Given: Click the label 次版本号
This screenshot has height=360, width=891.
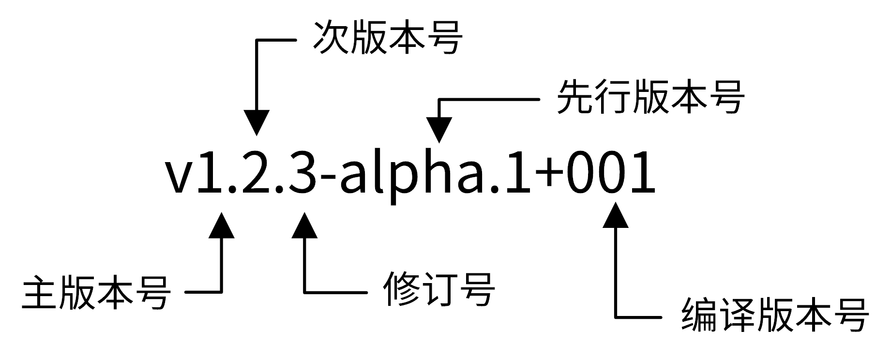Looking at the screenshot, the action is (x=388, y=38).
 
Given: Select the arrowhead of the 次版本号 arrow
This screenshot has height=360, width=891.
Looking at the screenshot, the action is (x=257, y=123).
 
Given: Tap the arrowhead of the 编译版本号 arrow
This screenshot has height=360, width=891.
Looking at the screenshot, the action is (x=616, y=215).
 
